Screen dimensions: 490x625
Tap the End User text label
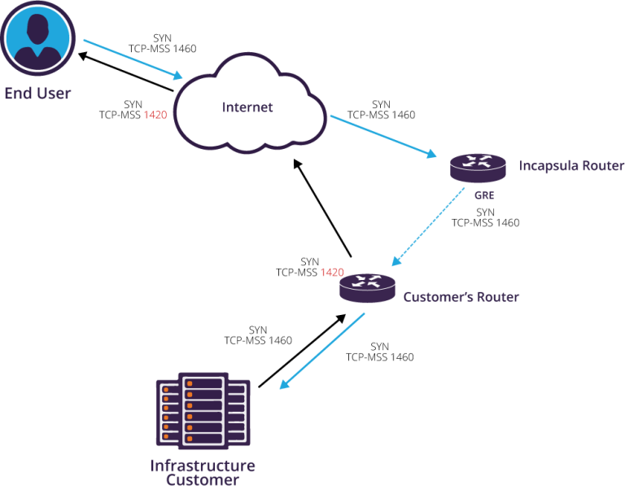(x=37, y=93)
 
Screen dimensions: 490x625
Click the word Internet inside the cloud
(x=247, y=107)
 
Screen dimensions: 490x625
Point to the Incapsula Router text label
(x=571, y=166)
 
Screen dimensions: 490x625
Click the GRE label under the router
(x=485, y=196)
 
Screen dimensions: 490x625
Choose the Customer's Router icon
(x=367, y=287)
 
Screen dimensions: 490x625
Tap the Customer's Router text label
(x=461, y=297)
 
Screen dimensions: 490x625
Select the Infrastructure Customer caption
(x=203, y=473)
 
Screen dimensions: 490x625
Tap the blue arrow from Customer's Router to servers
(x=321, y=352)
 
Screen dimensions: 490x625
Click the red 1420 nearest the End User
(x=155, y=116)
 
